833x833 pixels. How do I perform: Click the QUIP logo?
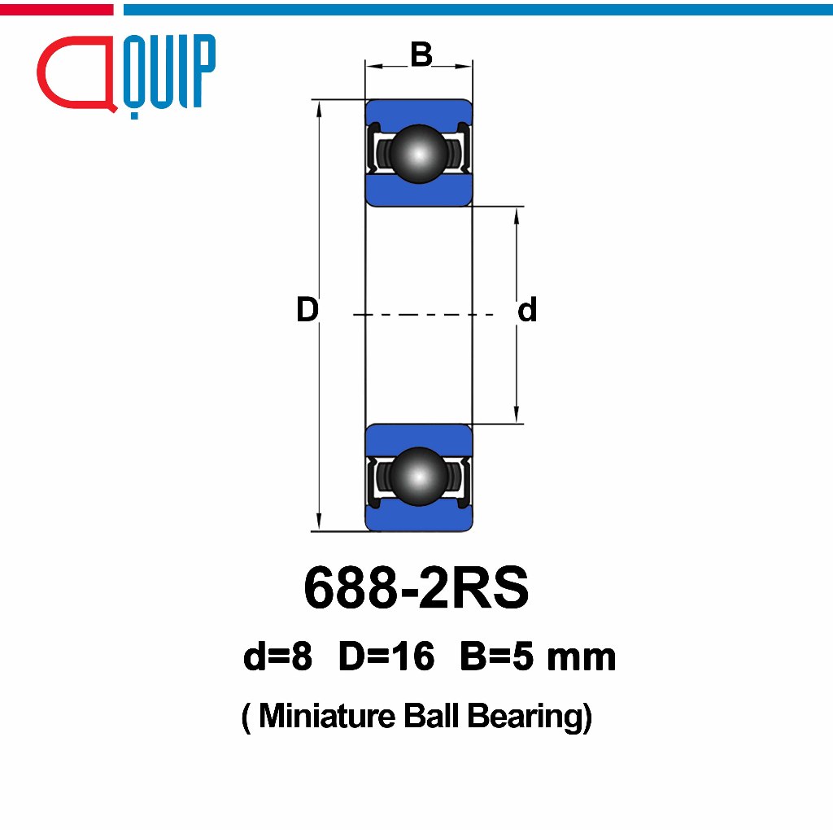pos(127,74)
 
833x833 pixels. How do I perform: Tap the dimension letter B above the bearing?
pos(421,55)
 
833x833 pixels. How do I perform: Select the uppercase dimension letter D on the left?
pos(307,310)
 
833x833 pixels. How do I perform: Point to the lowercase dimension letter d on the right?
pos(527,310)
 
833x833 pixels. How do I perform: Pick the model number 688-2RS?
pos(416,589)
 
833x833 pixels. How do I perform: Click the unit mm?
pos(581,657)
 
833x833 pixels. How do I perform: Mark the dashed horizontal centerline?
pos(423,314)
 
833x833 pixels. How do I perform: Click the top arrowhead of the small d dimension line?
pos(517,214)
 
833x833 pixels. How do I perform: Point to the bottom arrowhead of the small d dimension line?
pos(517,416)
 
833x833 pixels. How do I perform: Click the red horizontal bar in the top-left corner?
pos(56,9)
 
